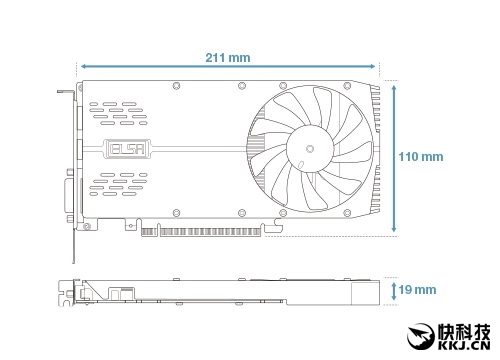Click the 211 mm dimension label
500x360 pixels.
click(228, 58)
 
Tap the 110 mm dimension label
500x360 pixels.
click(421, 157)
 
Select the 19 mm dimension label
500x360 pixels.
click(417, 290)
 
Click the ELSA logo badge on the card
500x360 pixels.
click(128, 149)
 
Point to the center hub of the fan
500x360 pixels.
click(310, 148)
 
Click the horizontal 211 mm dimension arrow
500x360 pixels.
click(228, 66)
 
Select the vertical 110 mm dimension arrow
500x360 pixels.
click(394, 158)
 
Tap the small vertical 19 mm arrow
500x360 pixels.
click(394, 292)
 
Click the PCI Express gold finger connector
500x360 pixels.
click(201, 232)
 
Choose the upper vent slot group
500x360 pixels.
click(118, 113)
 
